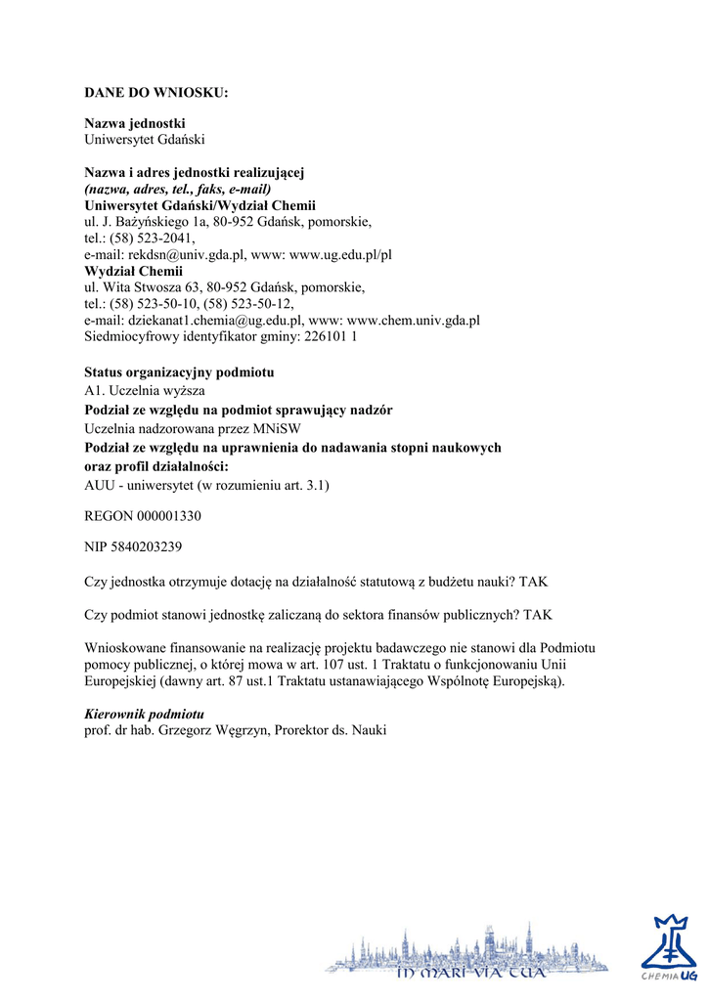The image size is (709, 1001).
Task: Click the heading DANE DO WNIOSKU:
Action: point(155,93)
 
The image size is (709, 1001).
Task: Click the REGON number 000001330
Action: point(167,515)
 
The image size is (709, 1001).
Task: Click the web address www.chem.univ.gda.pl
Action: point(414,320)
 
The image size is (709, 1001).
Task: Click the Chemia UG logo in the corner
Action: point(670,947)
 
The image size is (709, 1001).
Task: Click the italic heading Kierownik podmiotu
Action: point(144,714)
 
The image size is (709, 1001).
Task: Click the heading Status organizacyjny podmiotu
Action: point(179,372)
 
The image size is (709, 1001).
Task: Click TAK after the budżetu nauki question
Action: point(534,582)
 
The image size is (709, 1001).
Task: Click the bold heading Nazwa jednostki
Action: point(135,123)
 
